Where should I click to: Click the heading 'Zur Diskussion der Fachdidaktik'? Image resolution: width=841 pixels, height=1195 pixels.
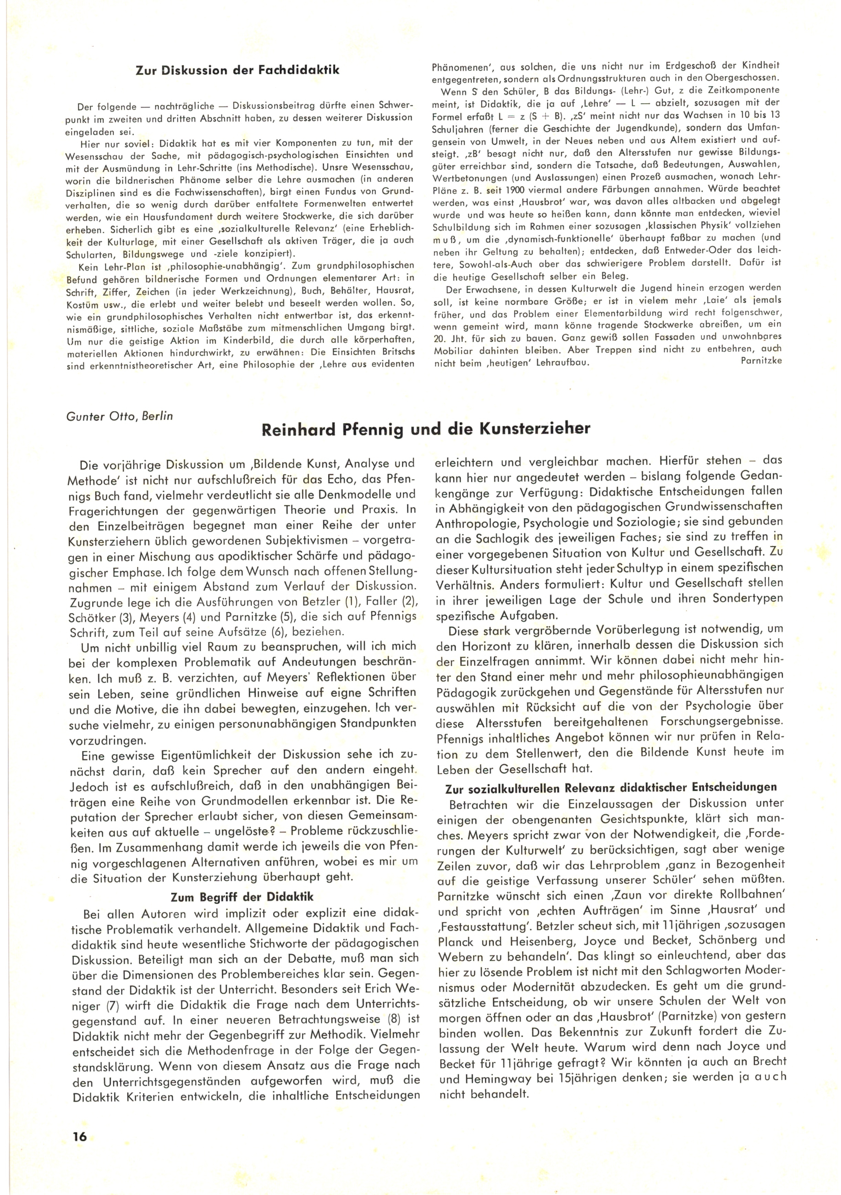[238, 70]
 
